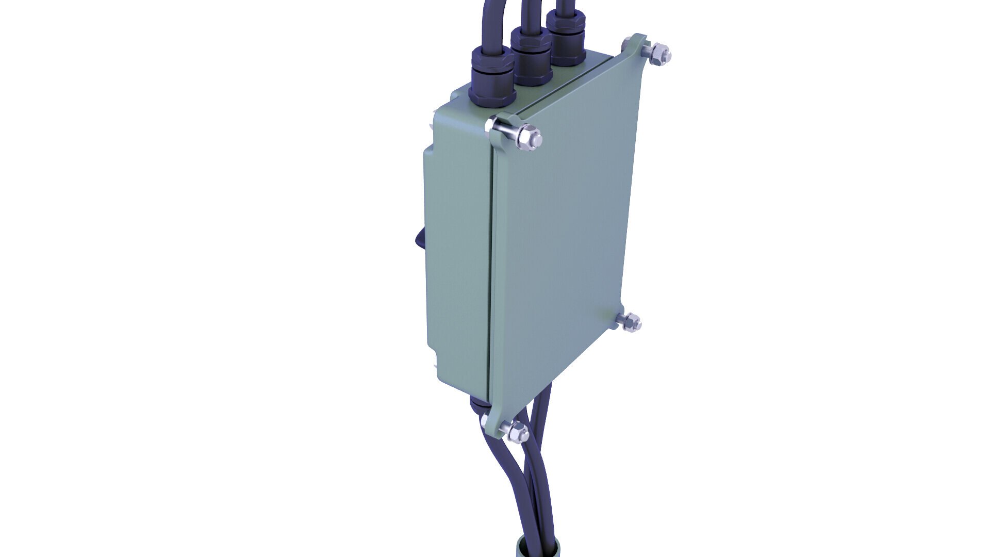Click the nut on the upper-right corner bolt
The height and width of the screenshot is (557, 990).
point(660,54)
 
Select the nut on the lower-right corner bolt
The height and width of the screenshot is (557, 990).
point(630,322)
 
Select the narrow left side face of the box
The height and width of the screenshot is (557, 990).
point(456,258)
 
